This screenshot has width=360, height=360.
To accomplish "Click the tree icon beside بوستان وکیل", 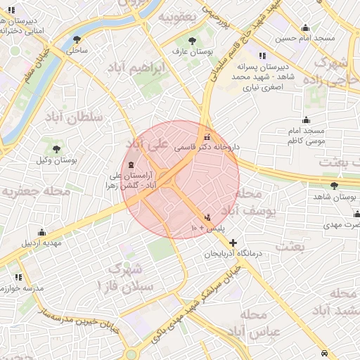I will [x=56, y=148].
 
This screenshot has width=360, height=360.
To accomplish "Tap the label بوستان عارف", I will [x=193, y=53].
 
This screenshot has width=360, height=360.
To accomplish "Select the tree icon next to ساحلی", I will [x=77, y=39].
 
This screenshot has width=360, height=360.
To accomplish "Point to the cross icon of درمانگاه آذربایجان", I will [x=233, y=242].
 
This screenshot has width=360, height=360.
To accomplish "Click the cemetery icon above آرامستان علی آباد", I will [x=134, y=163].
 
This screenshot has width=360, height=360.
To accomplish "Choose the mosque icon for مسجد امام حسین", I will [x=305, y=28].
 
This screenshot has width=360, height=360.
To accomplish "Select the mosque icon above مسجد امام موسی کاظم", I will [x=306, y=120].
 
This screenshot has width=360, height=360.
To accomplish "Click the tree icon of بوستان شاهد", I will [x=334, y=186].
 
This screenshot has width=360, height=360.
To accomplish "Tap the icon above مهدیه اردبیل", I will [x=42, y=232].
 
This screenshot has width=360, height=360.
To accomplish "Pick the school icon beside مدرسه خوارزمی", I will [x=19, y=277].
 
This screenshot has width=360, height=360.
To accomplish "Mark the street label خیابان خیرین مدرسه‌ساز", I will [x=74, y=316].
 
